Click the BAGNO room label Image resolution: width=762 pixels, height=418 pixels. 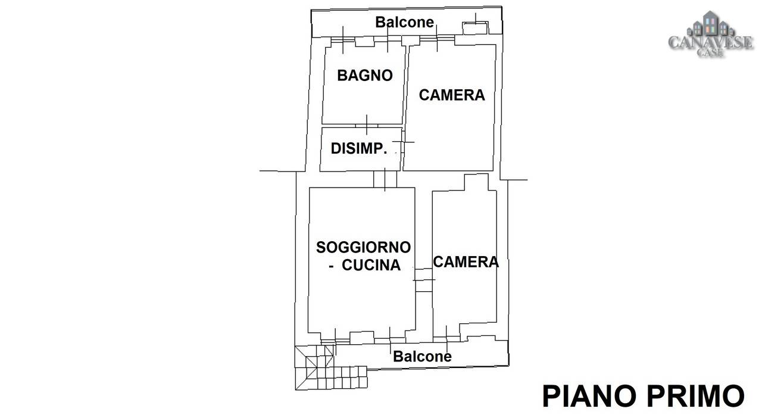pos(365,76)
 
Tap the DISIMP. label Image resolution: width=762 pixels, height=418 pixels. pos(359,149)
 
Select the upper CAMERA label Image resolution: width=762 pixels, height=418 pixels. pos(452,95)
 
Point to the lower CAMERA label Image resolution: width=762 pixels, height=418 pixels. pos(466,262)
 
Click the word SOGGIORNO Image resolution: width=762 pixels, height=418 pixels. pos(363,248)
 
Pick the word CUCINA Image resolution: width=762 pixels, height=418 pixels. pos(371,266)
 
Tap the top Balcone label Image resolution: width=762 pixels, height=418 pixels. pos(404,23)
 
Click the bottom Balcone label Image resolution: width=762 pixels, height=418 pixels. pos(422,357)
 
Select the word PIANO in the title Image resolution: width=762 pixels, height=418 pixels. pos(589,396)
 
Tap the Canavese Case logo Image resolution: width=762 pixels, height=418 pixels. pos(711,34)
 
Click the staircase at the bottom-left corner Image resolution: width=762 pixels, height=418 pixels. pos(330,367)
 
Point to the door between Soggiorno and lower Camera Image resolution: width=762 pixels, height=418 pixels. pos(423,280)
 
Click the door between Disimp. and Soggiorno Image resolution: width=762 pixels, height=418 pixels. pos(385,179)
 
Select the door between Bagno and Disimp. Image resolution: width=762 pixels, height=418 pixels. pos(367,125)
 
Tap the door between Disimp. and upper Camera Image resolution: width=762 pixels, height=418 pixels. pos(403,142)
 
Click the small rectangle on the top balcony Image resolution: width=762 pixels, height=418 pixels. pos(475,28)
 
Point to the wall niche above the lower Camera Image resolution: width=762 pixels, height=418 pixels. pos(476,182)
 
